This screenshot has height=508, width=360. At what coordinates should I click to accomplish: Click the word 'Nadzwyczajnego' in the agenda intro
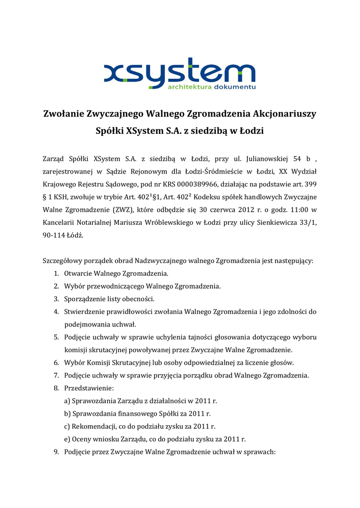click(158, 260)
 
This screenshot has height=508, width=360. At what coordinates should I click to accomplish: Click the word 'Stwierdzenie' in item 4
click(83, 312)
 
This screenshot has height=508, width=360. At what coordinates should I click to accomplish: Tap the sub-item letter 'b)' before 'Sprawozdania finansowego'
click(67, 414)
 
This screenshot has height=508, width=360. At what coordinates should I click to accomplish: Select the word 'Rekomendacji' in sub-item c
click(91, 427)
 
